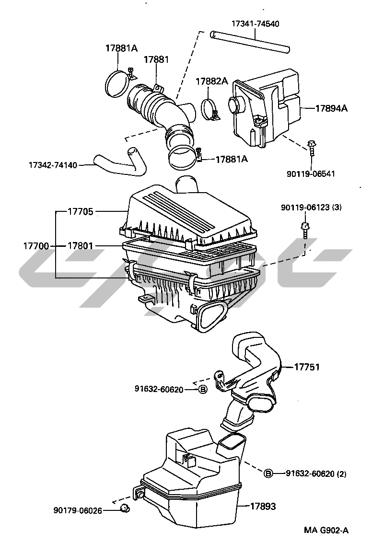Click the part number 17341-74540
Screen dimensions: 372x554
255,23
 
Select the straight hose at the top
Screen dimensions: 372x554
250,42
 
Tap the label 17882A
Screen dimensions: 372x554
211,81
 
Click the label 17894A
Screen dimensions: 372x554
331,108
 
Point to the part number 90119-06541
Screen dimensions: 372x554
311,173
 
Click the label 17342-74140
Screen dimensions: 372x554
53,165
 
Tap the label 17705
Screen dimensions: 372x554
81,211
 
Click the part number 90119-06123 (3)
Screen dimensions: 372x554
311,208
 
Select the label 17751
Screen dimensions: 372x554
307,367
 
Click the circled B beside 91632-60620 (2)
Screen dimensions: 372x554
268,473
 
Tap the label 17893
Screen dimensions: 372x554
263,506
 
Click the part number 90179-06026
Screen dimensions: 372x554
78,510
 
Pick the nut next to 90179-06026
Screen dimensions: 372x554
124,509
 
